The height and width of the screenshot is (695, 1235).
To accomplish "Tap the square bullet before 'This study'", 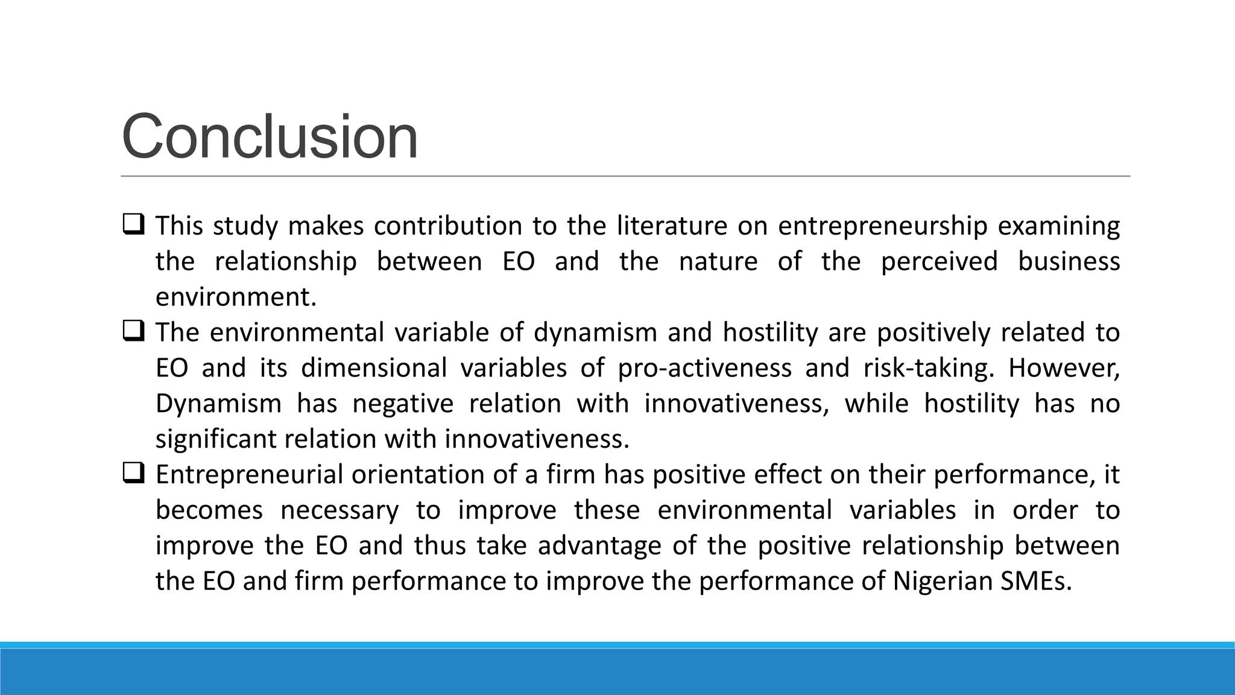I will (x=133, y=225).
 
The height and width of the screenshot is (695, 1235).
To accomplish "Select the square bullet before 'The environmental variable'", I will (x=133, y=332).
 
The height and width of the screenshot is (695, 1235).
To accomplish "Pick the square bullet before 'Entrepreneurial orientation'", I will (x=133, y=474).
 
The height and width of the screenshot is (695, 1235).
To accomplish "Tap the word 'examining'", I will (x=1058, y=226).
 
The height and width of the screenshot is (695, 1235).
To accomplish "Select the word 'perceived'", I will (x=939, y=262).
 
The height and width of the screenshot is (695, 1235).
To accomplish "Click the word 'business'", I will (x=1069, y=262).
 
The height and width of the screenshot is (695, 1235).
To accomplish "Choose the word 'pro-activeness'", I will (x=704, y=368).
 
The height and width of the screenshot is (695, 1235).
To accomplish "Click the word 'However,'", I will (x=1064, y=368).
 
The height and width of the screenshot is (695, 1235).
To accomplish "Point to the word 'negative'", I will (x=402, y=404).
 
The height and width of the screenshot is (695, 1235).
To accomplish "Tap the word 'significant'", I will (x=216, y=439).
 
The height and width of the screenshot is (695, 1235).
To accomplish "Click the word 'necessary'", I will (x=340, y=510).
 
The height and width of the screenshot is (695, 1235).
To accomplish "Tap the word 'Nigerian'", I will (x=942, y=582).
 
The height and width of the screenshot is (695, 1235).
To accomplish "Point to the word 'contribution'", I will (x=447, y=226).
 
